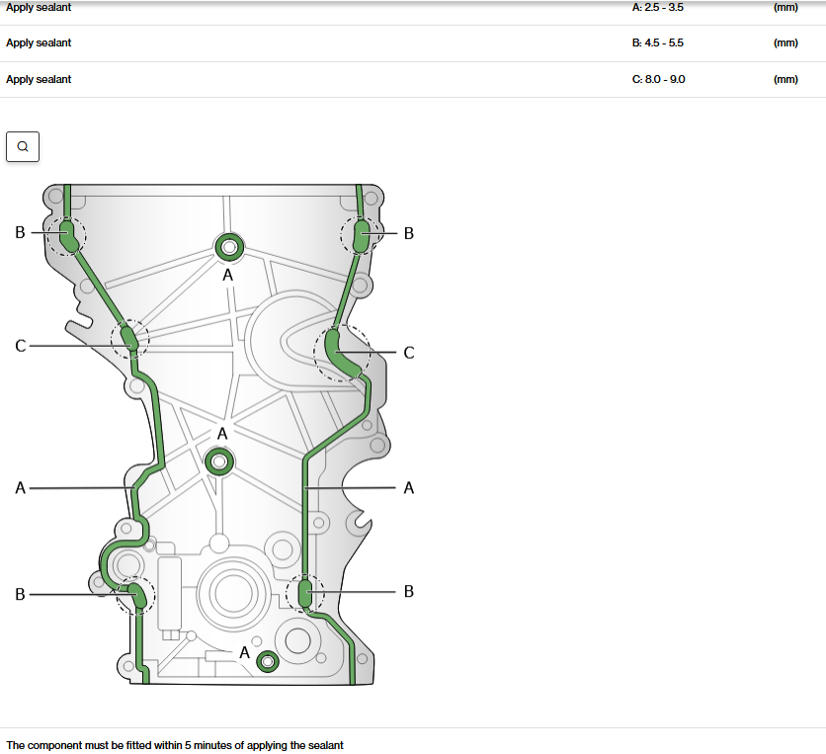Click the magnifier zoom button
[x=23, y=146]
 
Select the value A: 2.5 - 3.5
[x=657, y=7]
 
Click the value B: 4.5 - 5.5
[x=657, y=42]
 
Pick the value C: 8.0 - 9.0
[x=658, y=79]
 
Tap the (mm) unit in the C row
[x=785, y=79]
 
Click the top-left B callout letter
[x=20, y=232]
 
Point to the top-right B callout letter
[x=409, y=233]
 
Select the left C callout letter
[x=21, y=346]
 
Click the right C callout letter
[x=409, y=353]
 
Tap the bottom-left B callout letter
[x=20, y=594]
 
